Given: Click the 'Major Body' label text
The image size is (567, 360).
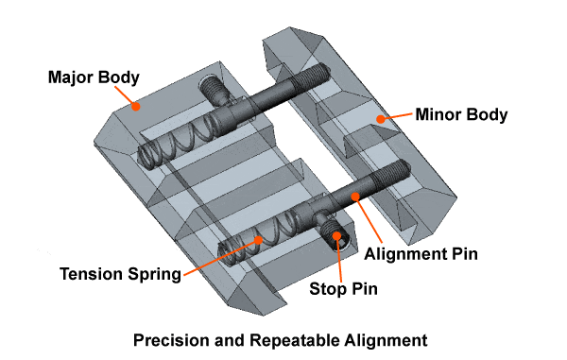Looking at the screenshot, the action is pyautogui.click(x=94, y=77).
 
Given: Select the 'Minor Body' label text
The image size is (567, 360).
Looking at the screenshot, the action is pyautogui.click(x=461, y=114).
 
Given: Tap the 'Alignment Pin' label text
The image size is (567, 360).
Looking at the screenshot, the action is pyautogui.click(x=421, y=254).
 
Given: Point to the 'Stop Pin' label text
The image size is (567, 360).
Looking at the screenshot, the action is pyautogui.click(x=344, y=289).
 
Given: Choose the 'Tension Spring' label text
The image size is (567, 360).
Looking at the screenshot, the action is pyautogui.click(x=120, y=274).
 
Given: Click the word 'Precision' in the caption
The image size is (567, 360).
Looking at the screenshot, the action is pyautogui.click(x=170, y=340).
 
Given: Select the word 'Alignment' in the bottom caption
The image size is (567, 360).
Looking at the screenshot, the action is pyautogui.click(x=386, y=340).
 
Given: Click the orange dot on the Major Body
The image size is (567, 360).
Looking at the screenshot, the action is pyautogui.click(x=135, y=106).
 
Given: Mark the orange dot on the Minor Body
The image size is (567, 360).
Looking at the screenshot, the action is pyautogui.click(x=380, y=119).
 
